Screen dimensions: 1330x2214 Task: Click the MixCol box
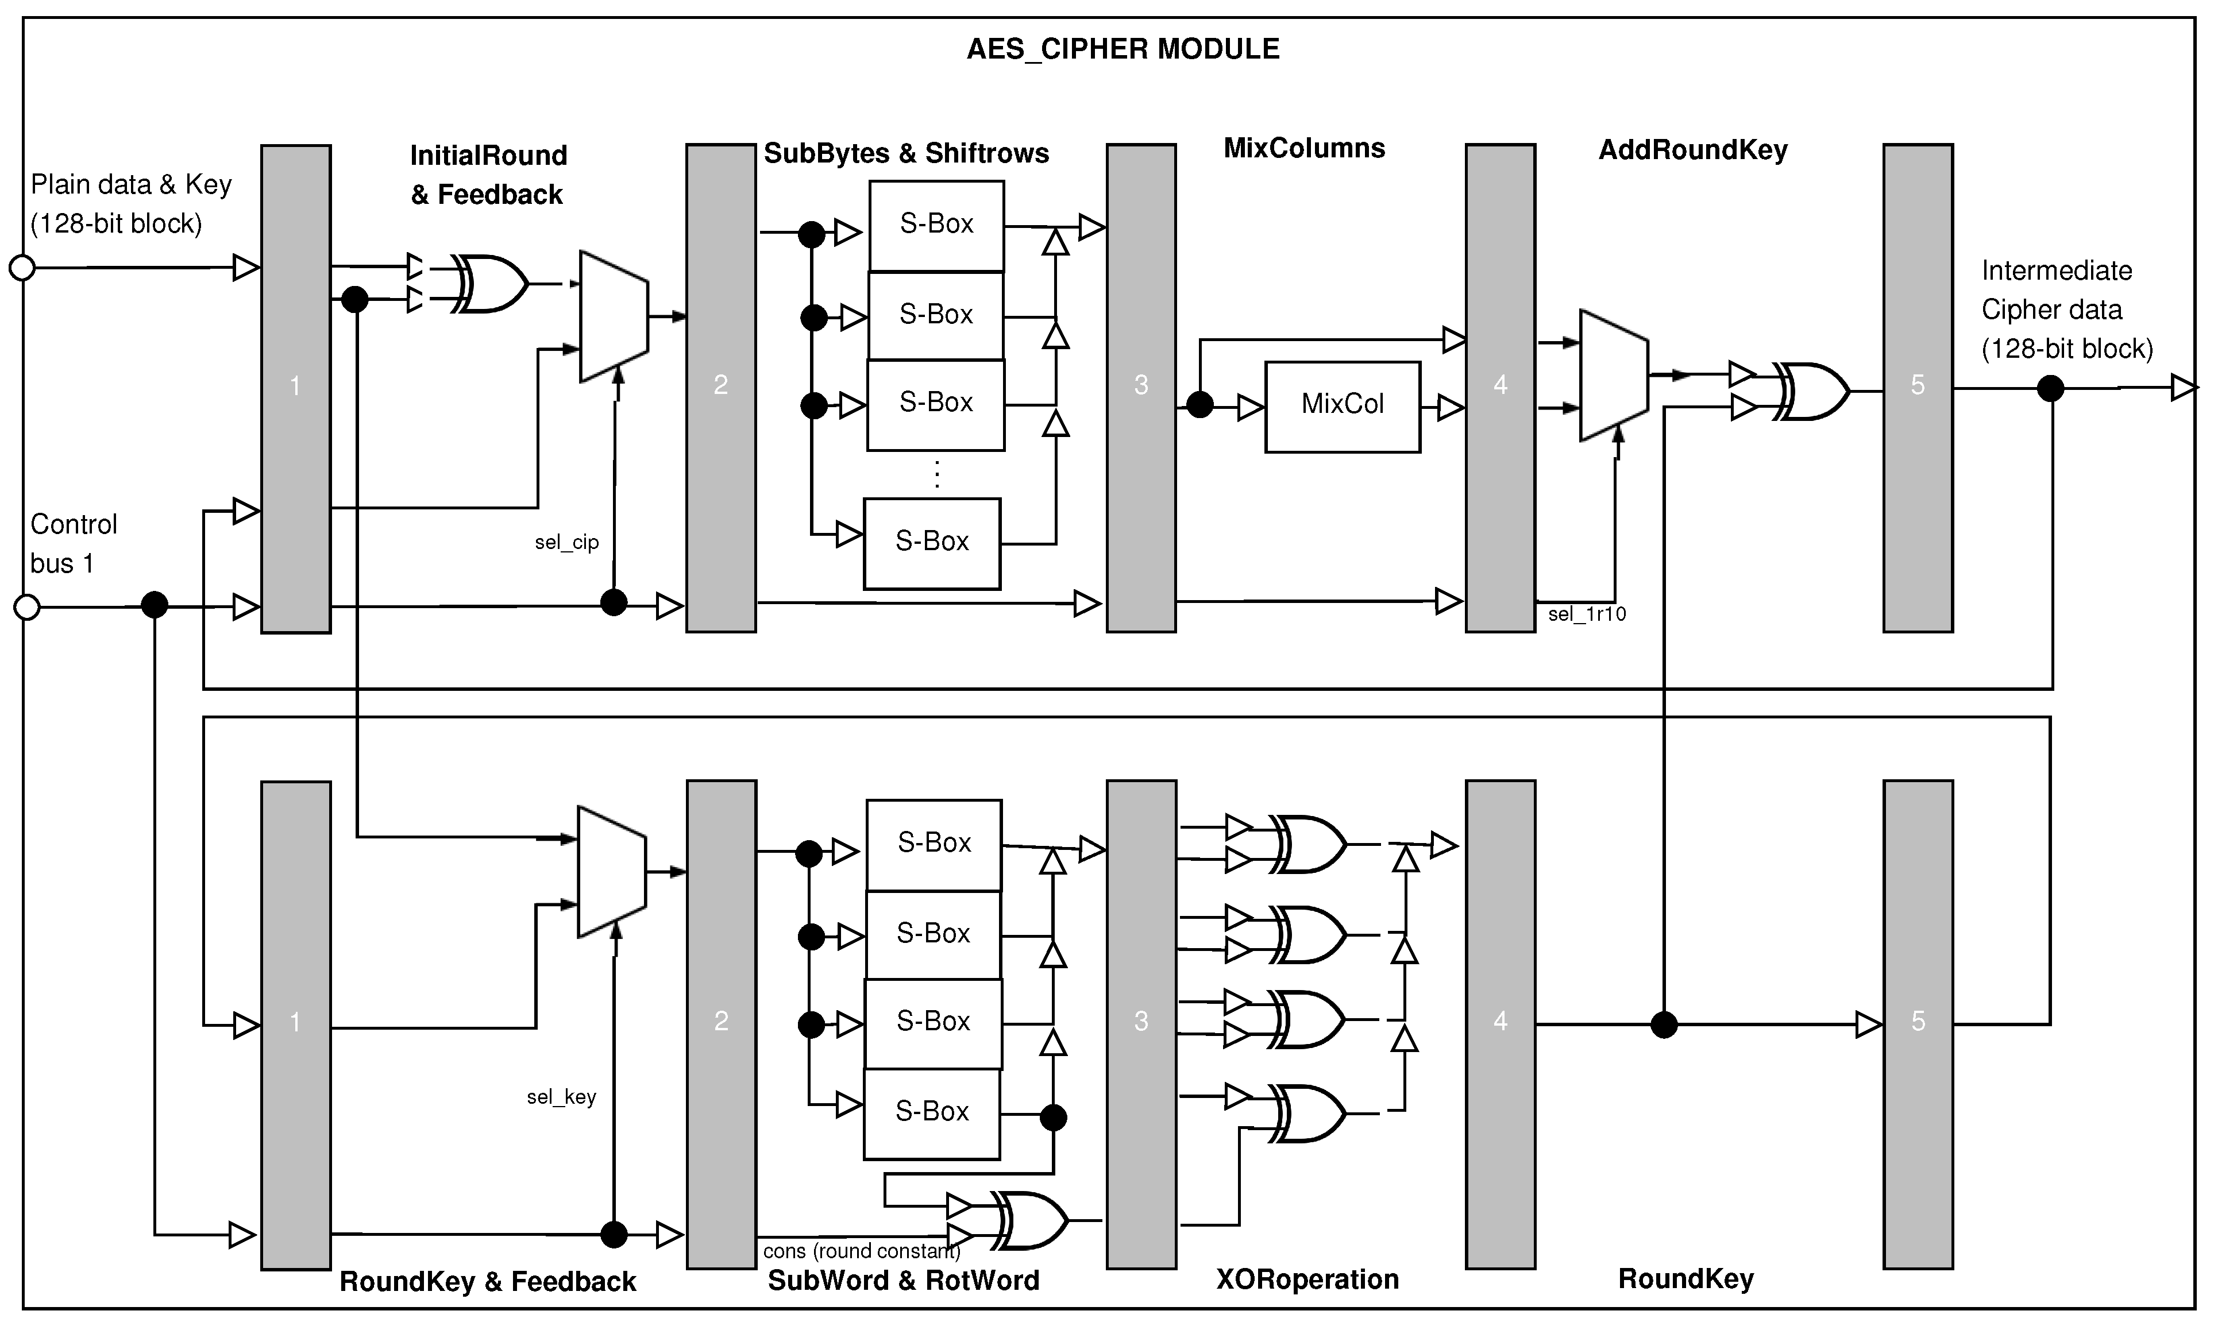(x=1342, y=406)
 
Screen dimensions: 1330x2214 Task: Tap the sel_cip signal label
(x=566, y=542)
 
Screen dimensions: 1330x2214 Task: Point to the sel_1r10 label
(x=1587, y=614)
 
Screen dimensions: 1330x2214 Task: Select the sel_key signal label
(x=561, y=1097)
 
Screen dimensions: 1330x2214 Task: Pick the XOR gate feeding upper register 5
(x=1811, y=392)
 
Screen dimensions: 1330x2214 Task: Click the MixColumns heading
(x=1303, y=149)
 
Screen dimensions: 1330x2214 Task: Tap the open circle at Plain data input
(x=21, y=267)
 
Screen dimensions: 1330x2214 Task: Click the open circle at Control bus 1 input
(x=27, y=607)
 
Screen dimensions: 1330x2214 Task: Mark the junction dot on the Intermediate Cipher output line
(x=2050, y=388)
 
